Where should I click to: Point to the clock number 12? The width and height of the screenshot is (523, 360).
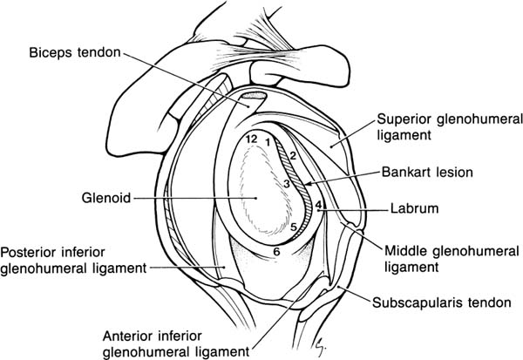pos(250,139)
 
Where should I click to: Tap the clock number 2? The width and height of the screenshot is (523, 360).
pos(294,156)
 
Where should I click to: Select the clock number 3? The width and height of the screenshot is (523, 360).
pos(286,185)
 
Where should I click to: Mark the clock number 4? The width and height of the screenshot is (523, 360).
pos(318,207)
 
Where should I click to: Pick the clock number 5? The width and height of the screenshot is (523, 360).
pos(295,228)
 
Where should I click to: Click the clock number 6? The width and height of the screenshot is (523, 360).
pos(276,252)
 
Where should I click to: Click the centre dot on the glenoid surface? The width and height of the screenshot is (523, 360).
pos(255,198)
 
